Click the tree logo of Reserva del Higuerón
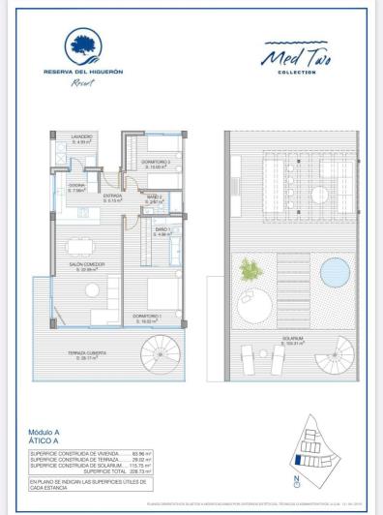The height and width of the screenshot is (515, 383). pyautogui.click(x=94, y=45)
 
